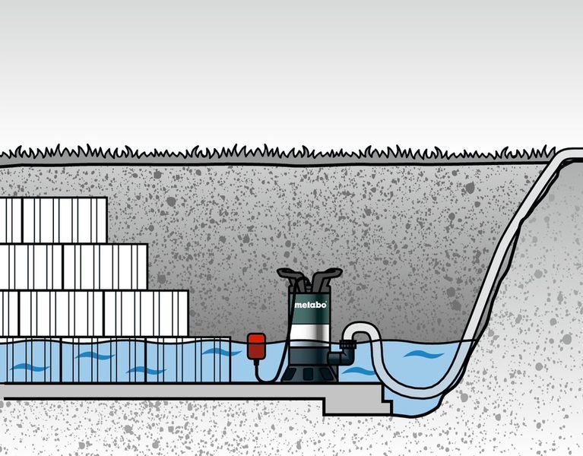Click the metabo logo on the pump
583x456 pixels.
click(310, 305)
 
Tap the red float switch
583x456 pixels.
click(257, 347)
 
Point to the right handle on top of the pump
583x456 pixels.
click(326, 276)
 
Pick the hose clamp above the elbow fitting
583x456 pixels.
click(347, 344)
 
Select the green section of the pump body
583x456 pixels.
click(309, 308)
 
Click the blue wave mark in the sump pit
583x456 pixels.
click(423, 354)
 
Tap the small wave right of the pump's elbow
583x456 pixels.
click(359, 371)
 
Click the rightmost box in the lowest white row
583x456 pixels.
click(146, 313)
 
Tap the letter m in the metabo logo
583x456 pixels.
click(298, 306)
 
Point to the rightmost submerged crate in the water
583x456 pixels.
click(188, 359)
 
